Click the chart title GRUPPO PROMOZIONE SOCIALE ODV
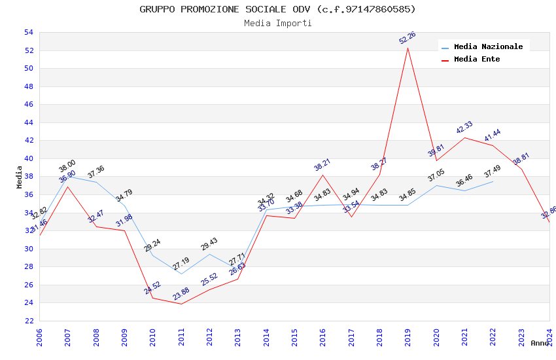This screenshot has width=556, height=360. pyautogui.click(x=277, y=9)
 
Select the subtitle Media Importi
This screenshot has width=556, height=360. pyautogui.click(x=277, y=23)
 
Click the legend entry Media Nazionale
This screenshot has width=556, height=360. pyautogui.click(x=488, y=47)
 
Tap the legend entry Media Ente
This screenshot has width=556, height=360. pyautogui.click(x=476, y=60)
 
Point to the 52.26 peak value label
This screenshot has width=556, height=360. pyautogui.click(x=408, y=38)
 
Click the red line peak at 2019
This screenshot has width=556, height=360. pyautogui.click(x=408, y=48)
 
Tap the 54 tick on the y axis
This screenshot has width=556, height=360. pyautogui.click(x=28, y=33)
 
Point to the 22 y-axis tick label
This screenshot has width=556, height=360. pyautogui.click(x=28, y=321)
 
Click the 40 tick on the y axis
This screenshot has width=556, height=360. pyautogui.click(x=28, y=158)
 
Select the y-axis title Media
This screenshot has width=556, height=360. pyautogui.click(x=20, y=177)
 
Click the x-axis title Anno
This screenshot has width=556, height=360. pyautogui.click(x=540, y=343)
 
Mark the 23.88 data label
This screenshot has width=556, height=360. pyautogui.click(x=181, y=295)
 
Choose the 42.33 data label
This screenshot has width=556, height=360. pyautogui.click(x=464, y=128)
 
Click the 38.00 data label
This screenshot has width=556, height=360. pyautogui.click(x=67, y=166)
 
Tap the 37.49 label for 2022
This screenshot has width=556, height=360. pyautogui.click(x=493, y=172)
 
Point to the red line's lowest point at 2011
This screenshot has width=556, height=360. pyautogui.click(x=181, y=304)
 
